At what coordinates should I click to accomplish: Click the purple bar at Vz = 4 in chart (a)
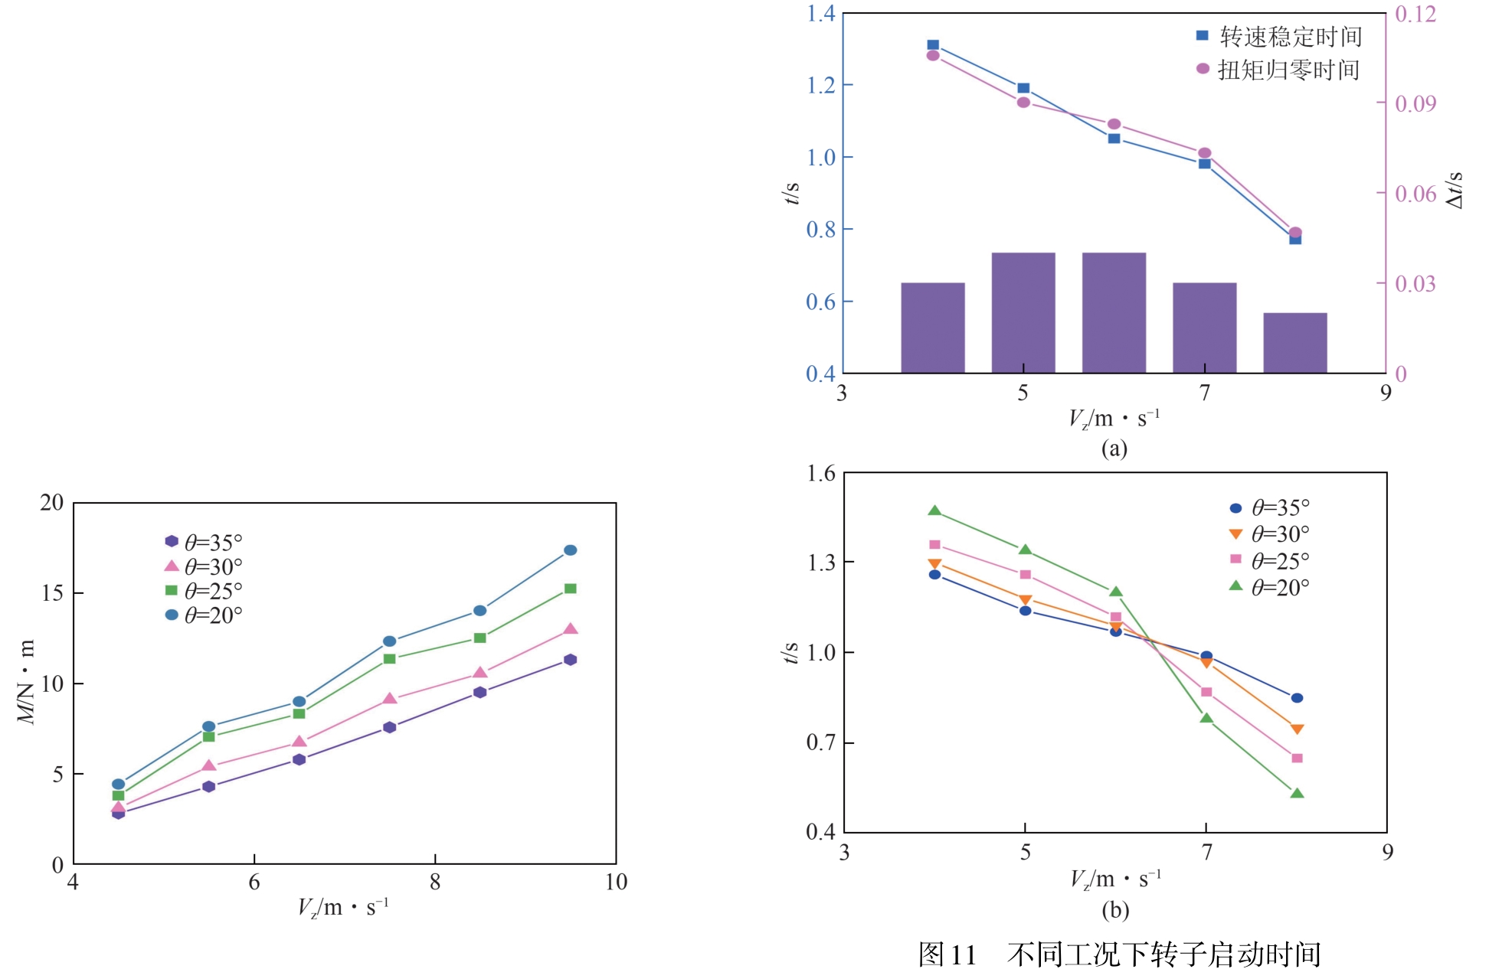pos(932,328)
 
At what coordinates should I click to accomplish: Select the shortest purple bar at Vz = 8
pos(1294,342)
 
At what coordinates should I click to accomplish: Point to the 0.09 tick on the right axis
pos(1415,103)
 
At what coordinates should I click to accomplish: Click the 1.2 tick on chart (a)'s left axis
pos(820,85)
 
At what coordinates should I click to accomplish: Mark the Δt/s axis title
pos(1455,190)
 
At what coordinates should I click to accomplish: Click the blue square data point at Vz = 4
pos(933,45)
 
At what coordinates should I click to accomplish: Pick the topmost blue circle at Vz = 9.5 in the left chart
pos(570,550)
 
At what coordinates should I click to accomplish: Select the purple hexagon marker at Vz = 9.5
pos(570,660)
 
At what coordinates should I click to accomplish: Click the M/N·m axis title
pos(27,682)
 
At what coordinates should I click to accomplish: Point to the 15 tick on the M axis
pos(52,593)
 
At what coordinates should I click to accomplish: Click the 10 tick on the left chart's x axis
pos(616,883)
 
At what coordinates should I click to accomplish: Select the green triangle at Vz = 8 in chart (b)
pos(1297,794)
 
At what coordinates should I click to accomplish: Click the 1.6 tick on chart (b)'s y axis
pos(821,474)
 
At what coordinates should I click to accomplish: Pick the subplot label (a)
pos(1114,448)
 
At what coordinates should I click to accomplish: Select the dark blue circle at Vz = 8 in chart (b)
pos(1297,698)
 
